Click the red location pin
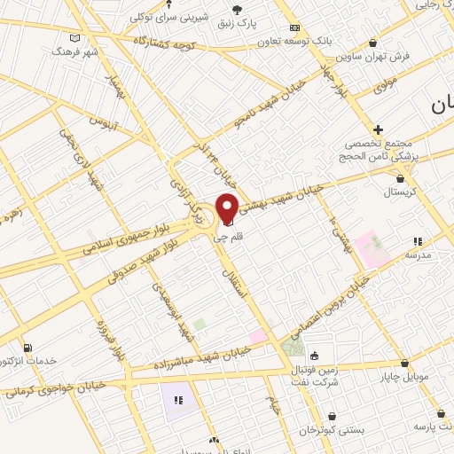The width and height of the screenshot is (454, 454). coord(227,207)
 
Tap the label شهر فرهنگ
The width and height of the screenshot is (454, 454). coord(74,52)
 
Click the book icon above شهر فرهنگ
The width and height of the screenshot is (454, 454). coord(74,38)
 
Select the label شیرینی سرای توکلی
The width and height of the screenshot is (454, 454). coord(168,17)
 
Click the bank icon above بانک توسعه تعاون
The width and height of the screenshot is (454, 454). coord(295,27)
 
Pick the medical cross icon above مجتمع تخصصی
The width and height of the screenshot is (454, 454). coord(379,129)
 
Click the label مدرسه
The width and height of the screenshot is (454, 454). coord(417,254)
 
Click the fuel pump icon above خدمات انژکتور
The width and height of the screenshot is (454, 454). coord(27,348)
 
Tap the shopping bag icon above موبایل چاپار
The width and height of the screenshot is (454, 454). coord(404,363)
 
